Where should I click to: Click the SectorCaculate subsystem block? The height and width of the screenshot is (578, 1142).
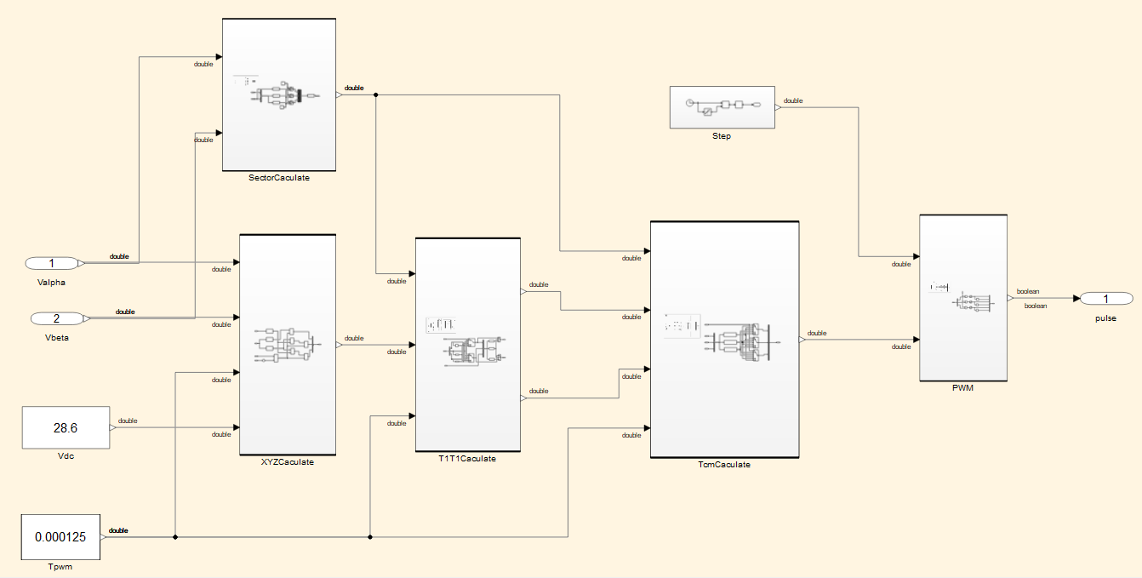click(279, 94)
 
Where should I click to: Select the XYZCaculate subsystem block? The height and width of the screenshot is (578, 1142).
click(288, 345)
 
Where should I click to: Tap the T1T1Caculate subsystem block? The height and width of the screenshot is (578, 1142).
click(466, 344)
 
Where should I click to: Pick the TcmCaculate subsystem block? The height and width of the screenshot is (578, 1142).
click(724, 339)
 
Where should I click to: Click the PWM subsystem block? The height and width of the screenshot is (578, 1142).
click(962, 298)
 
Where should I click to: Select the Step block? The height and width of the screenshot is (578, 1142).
click(722, 106)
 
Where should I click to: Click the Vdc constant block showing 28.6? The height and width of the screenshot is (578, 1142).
click(66, 427)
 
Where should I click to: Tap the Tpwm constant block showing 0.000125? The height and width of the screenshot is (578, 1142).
click(60, 537)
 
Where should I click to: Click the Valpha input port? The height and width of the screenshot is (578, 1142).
click(52, 263)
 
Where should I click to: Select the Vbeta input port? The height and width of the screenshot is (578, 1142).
click(57, 318)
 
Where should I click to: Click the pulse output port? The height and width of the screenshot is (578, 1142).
click(1106, 298)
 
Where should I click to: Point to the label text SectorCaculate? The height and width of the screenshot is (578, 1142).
click(279, 178)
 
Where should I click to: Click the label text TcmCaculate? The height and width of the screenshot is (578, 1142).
click(724, 465)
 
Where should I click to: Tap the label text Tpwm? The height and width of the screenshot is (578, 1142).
click(60, 566)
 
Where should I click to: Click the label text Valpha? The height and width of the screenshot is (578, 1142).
click(52, 282)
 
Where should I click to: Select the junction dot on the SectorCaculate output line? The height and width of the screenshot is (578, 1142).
click(376, 94)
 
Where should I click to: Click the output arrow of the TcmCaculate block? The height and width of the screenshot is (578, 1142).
click(802, 339)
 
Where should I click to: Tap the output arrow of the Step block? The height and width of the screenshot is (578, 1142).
click(779, 107)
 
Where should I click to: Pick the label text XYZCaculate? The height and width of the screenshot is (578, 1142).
click(288, 462)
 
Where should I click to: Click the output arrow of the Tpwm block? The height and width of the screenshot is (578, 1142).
click(104, 537)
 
